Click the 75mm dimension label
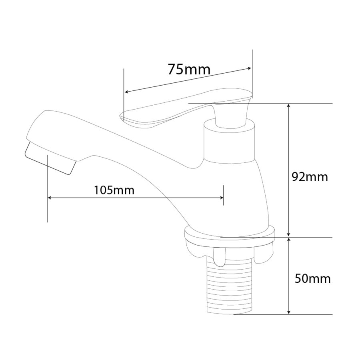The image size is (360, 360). tap(189, 69)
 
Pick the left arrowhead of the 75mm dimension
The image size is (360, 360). tap(126, 92)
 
